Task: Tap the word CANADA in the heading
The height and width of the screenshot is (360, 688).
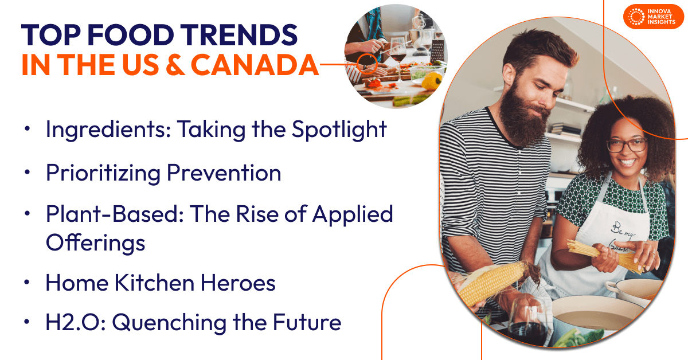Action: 254,65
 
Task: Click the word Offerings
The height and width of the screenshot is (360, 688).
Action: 95,242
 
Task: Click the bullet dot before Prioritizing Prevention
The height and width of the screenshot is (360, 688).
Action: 28,172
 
